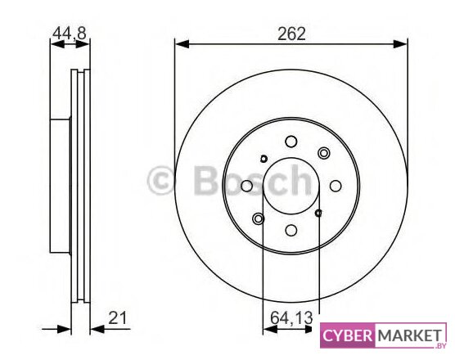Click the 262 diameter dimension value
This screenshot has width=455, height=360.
point(291,34)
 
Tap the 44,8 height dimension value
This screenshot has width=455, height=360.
point(70,33)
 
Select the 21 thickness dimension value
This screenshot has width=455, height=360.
point(118,318)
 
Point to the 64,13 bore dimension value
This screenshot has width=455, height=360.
point(291,317)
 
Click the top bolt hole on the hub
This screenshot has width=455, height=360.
point(291,142)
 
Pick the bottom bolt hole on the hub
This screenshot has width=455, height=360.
point(291,231)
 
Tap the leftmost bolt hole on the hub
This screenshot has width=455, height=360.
point(246,186)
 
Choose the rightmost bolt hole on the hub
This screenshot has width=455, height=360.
point(336,186)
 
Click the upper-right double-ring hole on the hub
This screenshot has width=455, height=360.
point(324,153)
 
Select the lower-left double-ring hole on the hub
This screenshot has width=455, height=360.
point(259,218)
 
